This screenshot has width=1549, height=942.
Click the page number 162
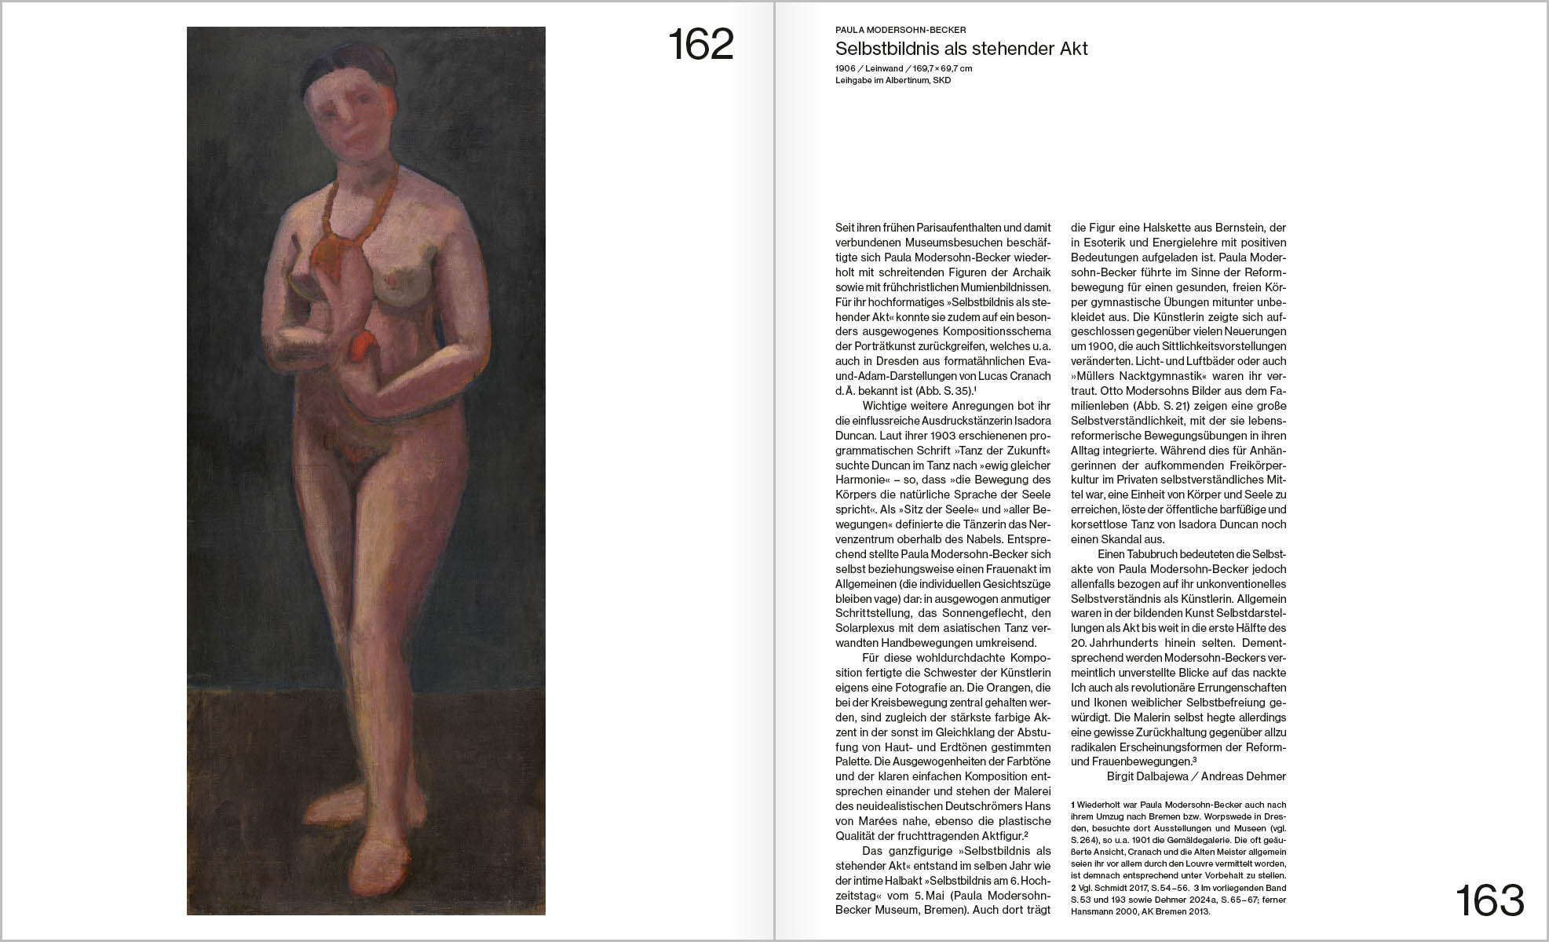pyautogui.click(x=700, y=45)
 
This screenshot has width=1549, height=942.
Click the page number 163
pyautogui.click(x=1489, y=900)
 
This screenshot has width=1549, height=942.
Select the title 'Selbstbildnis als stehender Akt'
pyautogui.click(x=961, y=49)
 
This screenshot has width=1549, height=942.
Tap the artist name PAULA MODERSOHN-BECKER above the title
pyautogui.click(x=901, y=30)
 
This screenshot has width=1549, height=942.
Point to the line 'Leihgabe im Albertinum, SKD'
pyautogui.click(x=893, y=80)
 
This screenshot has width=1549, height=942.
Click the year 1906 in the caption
pyautogui.click(x=846, y=68)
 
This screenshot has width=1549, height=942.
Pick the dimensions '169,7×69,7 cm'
pyautogui.click(x=942, y=68)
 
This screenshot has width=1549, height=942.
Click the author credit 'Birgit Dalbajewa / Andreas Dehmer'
pyautogui.click(x=1196, y=776)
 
